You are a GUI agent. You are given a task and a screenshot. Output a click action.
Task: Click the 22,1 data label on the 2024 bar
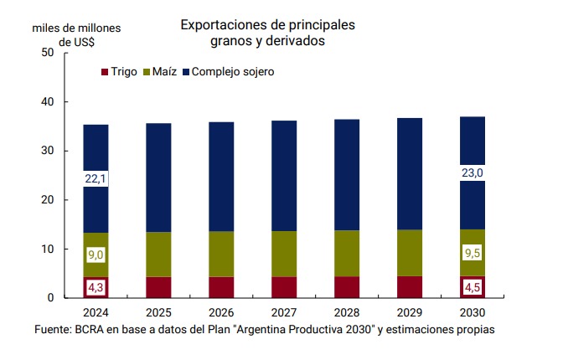point(95,178)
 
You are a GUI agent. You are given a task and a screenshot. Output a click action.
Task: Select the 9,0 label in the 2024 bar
point(95,253)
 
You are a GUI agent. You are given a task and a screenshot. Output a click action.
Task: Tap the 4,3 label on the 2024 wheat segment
point(95,286)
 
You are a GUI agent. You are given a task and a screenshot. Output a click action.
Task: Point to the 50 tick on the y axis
point(47,53)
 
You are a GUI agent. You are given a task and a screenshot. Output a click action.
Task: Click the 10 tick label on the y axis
point(47,249)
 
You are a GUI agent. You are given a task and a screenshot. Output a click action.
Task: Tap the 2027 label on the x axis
point(284,313)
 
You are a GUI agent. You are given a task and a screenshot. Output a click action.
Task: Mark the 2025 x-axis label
point(158,313)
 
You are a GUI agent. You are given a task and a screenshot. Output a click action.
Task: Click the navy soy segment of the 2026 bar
point(221,176)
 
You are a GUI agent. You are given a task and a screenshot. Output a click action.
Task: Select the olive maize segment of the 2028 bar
point(347,253)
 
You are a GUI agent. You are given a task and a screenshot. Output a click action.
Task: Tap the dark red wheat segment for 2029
point(410,287)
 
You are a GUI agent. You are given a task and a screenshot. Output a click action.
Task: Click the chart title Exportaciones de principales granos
point(267,32)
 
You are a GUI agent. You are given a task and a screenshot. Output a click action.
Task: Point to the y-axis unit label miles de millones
point(76,28)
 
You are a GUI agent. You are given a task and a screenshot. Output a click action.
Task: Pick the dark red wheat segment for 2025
point(158,287)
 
